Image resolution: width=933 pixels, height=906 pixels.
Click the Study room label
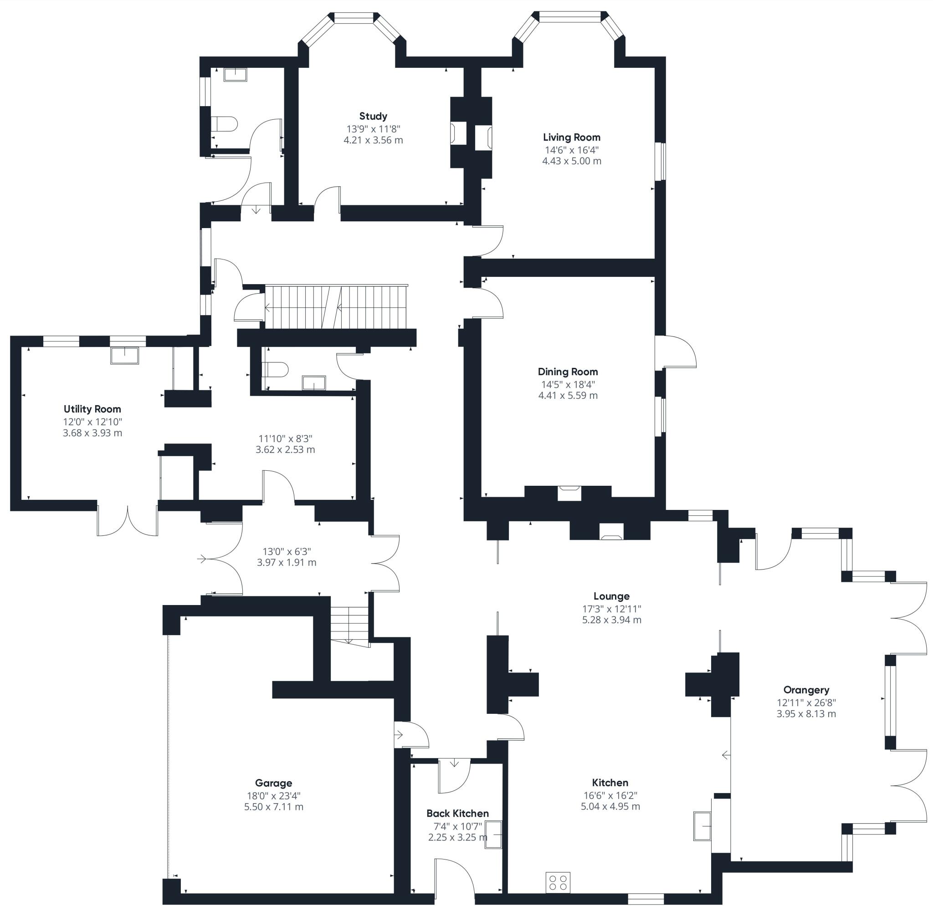click(373, 116)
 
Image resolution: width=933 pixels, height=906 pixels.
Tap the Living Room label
click(571, 137)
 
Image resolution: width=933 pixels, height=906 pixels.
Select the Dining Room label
click(568, 372)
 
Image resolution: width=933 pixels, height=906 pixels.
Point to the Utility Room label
click(92, 409)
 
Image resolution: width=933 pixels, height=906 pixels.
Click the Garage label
click(273, 783)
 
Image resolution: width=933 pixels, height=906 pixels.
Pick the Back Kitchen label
click(457, 813)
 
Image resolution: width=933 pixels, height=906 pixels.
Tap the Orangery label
click(806, 689)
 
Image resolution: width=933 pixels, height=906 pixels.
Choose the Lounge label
click(611, 596)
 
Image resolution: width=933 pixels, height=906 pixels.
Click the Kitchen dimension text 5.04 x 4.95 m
click(610, 806)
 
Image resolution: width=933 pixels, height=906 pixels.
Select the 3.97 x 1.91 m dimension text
click(287, 562)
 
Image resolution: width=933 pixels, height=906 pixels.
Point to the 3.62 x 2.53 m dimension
click(285, 449)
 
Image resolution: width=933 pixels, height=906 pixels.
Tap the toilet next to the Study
click(225, 124)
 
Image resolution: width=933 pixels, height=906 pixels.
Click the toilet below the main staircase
click(276, 369)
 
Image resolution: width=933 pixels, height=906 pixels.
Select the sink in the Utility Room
click(125, 355)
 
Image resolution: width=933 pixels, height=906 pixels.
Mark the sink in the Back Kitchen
click(493, 834)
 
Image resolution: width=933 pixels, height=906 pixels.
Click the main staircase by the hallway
click(336, 307)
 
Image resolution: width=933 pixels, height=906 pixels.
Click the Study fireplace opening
click(458, 133)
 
